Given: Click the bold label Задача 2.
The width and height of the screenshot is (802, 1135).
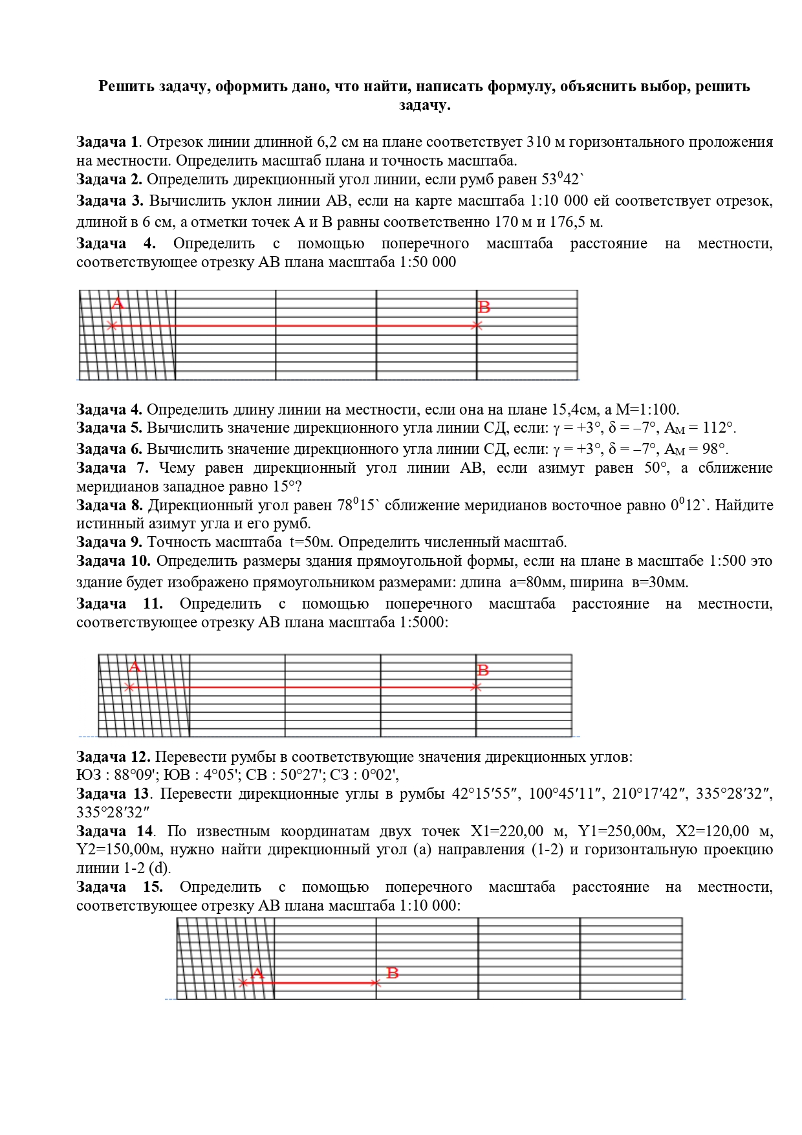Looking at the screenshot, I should pyautogui.click(x=109, y=179).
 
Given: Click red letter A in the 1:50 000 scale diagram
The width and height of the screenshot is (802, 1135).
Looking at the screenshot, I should pyautogui.click(x=117, y=304).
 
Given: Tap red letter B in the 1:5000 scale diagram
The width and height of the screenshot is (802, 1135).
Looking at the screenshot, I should pyautogui.click(x=482, y=671).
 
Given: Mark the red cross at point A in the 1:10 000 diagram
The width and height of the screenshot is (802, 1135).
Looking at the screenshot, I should pyautogui.click(x=243, y=983).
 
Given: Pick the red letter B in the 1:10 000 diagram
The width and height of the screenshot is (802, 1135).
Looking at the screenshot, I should pyautogui.click(x=392, y=973).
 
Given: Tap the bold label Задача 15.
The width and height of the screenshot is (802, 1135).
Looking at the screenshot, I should pyautogui.click(x=120, y=887).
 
